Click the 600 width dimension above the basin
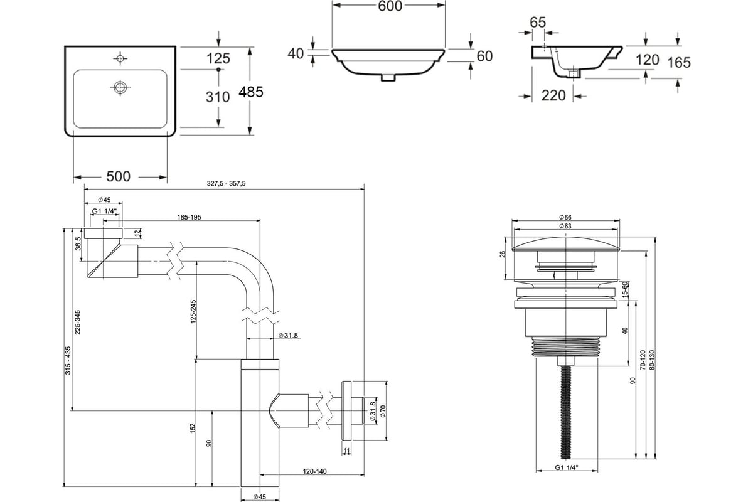pyautogui.click(x=390, y=6)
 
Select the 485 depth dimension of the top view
pyautogui.click(x=251, y=92)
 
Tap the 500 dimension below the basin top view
pyautogui.click(x=118, y=176)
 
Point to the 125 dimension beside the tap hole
pyautogui.click(x=218, y=58)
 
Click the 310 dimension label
pyautogui.click(x=218, y=97)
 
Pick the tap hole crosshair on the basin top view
pyautogui.click(x=120, y=59)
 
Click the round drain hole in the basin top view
pyautogui.click(x=120, y=87)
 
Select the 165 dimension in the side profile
pyautogui.click(x=679, y=63)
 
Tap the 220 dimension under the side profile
pyautogui.click(x=553, y=96)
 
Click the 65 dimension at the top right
pyautogui.click(x=538, y=23)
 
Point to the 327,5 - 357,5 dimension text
pyautogui.click(x=227, y=184)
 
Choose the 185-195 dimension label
pyautogui.click(x=189, y=218)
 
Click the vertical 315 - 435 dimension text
pyautogui.click(x=68, y=360)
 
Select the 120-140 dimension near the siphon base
pyautogui.click(x=314, y=472)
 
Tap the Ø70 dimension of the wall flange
pyautogui.click(x=383, y=411)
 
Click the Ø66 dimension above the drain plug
pyautogui.click(x=565, y=218)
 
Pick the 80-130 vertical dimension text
pyautogui.click(x=653, y=360)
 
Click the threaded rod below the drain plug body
pyautogui.click(x=566, y=412)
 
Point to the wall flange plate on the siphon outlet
pyautogui.click(x=346, y=410)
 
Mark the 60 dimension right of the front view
pyautogui.click(x=484, y=56)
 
